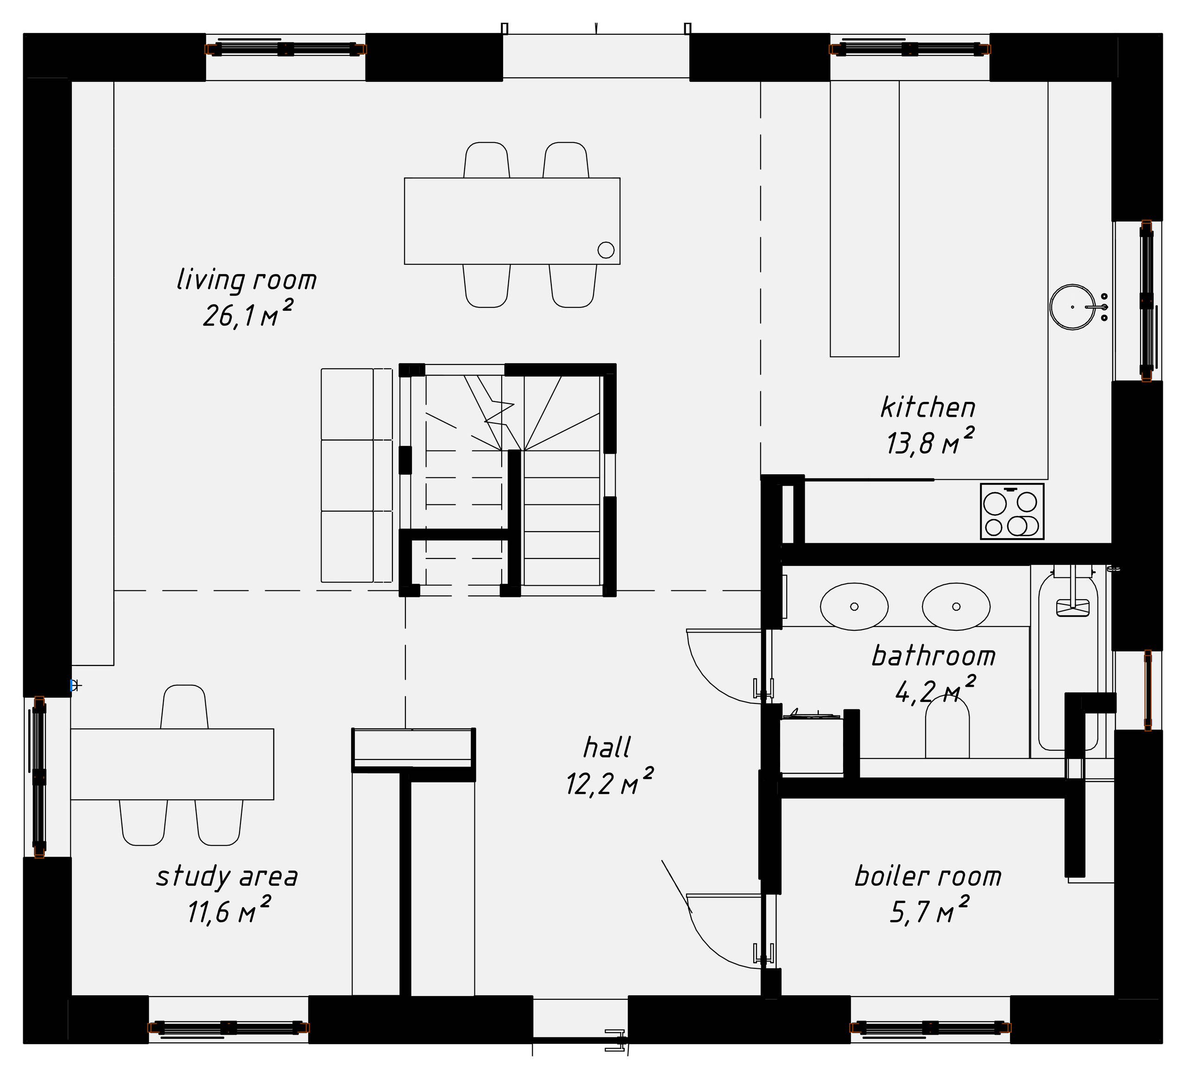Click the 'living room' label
(x=246, y=280)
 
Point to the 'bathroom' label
(x=933, y=656)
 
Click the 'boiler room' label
(x=928, y=877)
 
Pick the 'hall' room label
(x=606, y=748)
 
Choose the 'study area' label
(x=227, y=877)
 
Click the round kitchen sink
(x=1072, y=307)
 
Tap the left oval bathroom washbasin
(x=854, y=606)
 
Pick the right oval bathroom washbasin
(x=956, y=606)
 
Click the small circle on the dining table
(x=606, y=250)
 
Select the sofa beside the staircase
(x=356, y=475)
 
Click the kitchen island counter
(x=864, y=219)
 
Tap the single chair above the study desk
(x=183, y=708)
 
